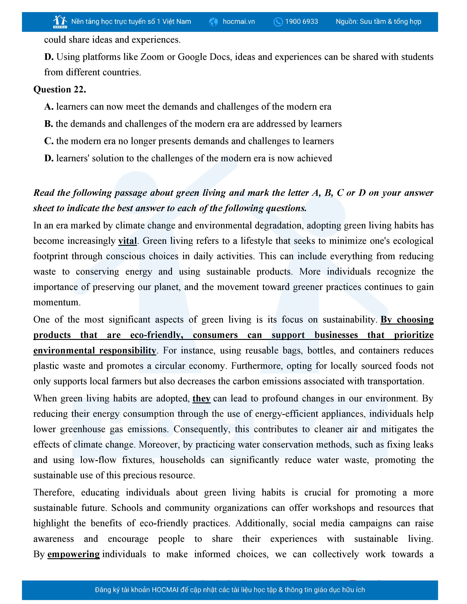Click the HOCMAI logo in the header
click(60, 22)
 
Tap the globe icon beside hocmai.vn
click(213, 22)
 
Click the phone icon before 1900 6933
click(278, 22)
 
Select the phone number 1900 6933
click(302, 22)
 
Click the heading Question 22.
click(60, 89)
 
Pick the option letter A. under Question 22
click(49, 107)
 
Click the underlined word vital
click(127, 241)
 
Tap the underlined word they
click(201, 398)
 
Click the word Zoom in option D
click(152, 57)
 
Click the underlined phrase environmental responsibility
click(95, 351)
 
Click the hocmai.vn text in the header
click(239, 22)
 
